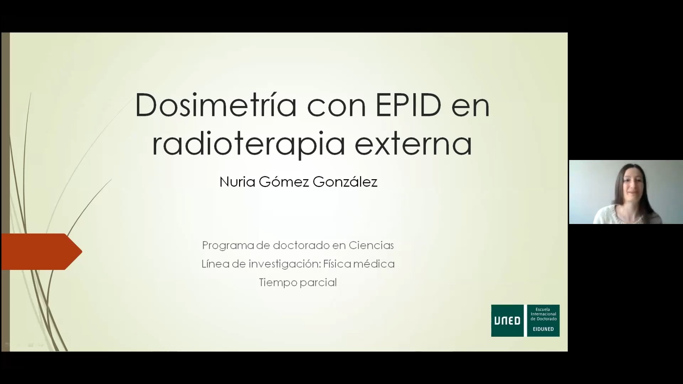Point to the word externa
413,144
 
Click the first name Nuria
237,182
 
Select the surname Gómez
284,182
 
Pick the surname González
345,182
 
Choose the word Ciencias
371,245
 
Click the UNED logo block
507,320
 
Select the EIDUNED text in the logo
543,329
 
